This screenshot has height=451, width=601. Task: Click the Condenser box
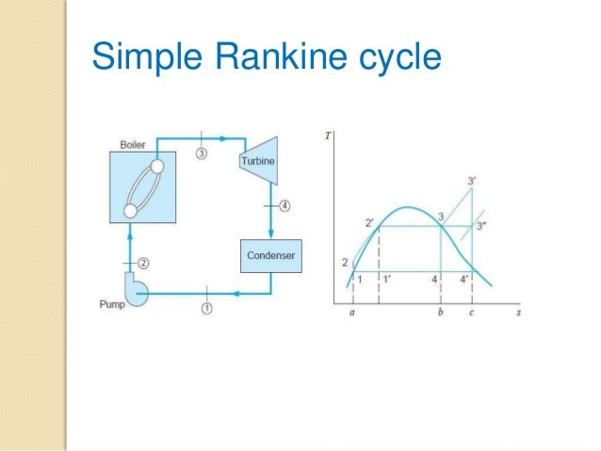270,255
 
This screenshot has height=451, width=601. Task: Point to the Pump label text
112,304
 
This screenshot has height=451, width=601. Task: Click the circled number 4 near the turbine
286,204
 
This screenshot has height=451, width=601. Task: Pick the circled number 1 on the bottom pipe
206,307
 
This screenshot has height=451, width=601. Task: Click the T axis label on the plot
327,136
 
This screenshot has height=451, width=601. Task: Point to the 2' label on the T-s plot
370,223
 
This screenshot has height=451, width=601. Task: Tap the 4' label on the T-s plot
464,280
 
